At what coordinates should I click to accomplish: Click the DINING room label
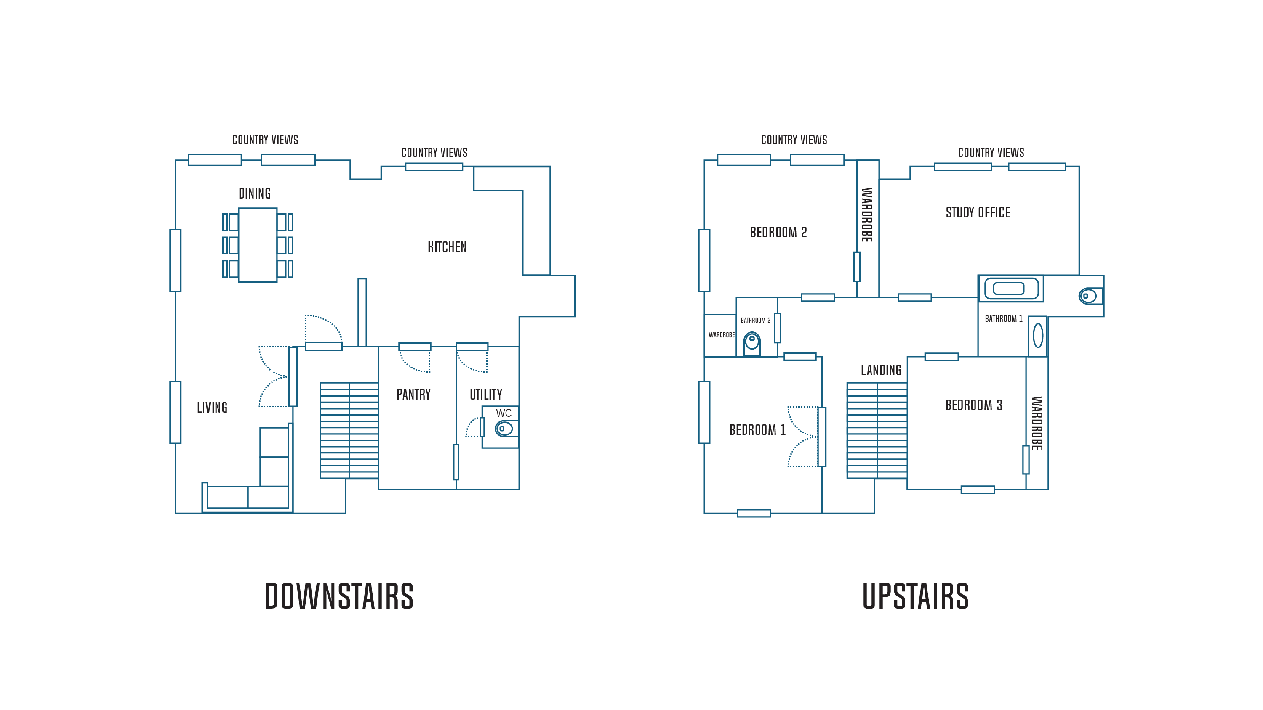point(254,193)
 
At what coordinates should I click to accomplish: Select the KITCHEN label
point(447,247)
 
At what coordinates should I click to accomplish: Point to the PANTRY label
point(413,395)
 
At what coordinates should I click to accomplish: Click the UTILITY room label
point(486,395)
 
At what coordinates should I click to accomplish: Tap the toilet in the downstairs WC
point(506,429)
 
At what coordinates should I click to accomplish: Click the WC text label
point(504,413)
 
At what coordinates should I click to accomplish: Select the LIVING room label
point(212,408)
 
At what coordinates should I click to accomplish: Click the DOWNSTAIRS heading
point(339,596)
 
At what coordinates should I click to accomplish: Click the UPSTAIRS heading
point(915,596)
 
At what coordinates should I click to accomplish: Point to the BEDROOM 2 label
point(778,232)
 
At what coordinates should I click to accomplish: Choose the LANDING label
point(881,371)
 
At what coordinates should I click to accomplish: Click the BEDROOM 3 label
point(974,405)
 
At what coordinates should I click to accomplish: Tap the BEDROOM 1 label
point(757,430)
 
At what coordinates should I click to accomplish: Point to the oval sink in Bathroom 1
point(1038,336)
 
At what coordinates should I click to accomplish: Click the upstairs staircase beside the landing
point(877,430)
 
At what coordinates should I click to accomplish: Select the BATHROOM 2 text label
point(756,321)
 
